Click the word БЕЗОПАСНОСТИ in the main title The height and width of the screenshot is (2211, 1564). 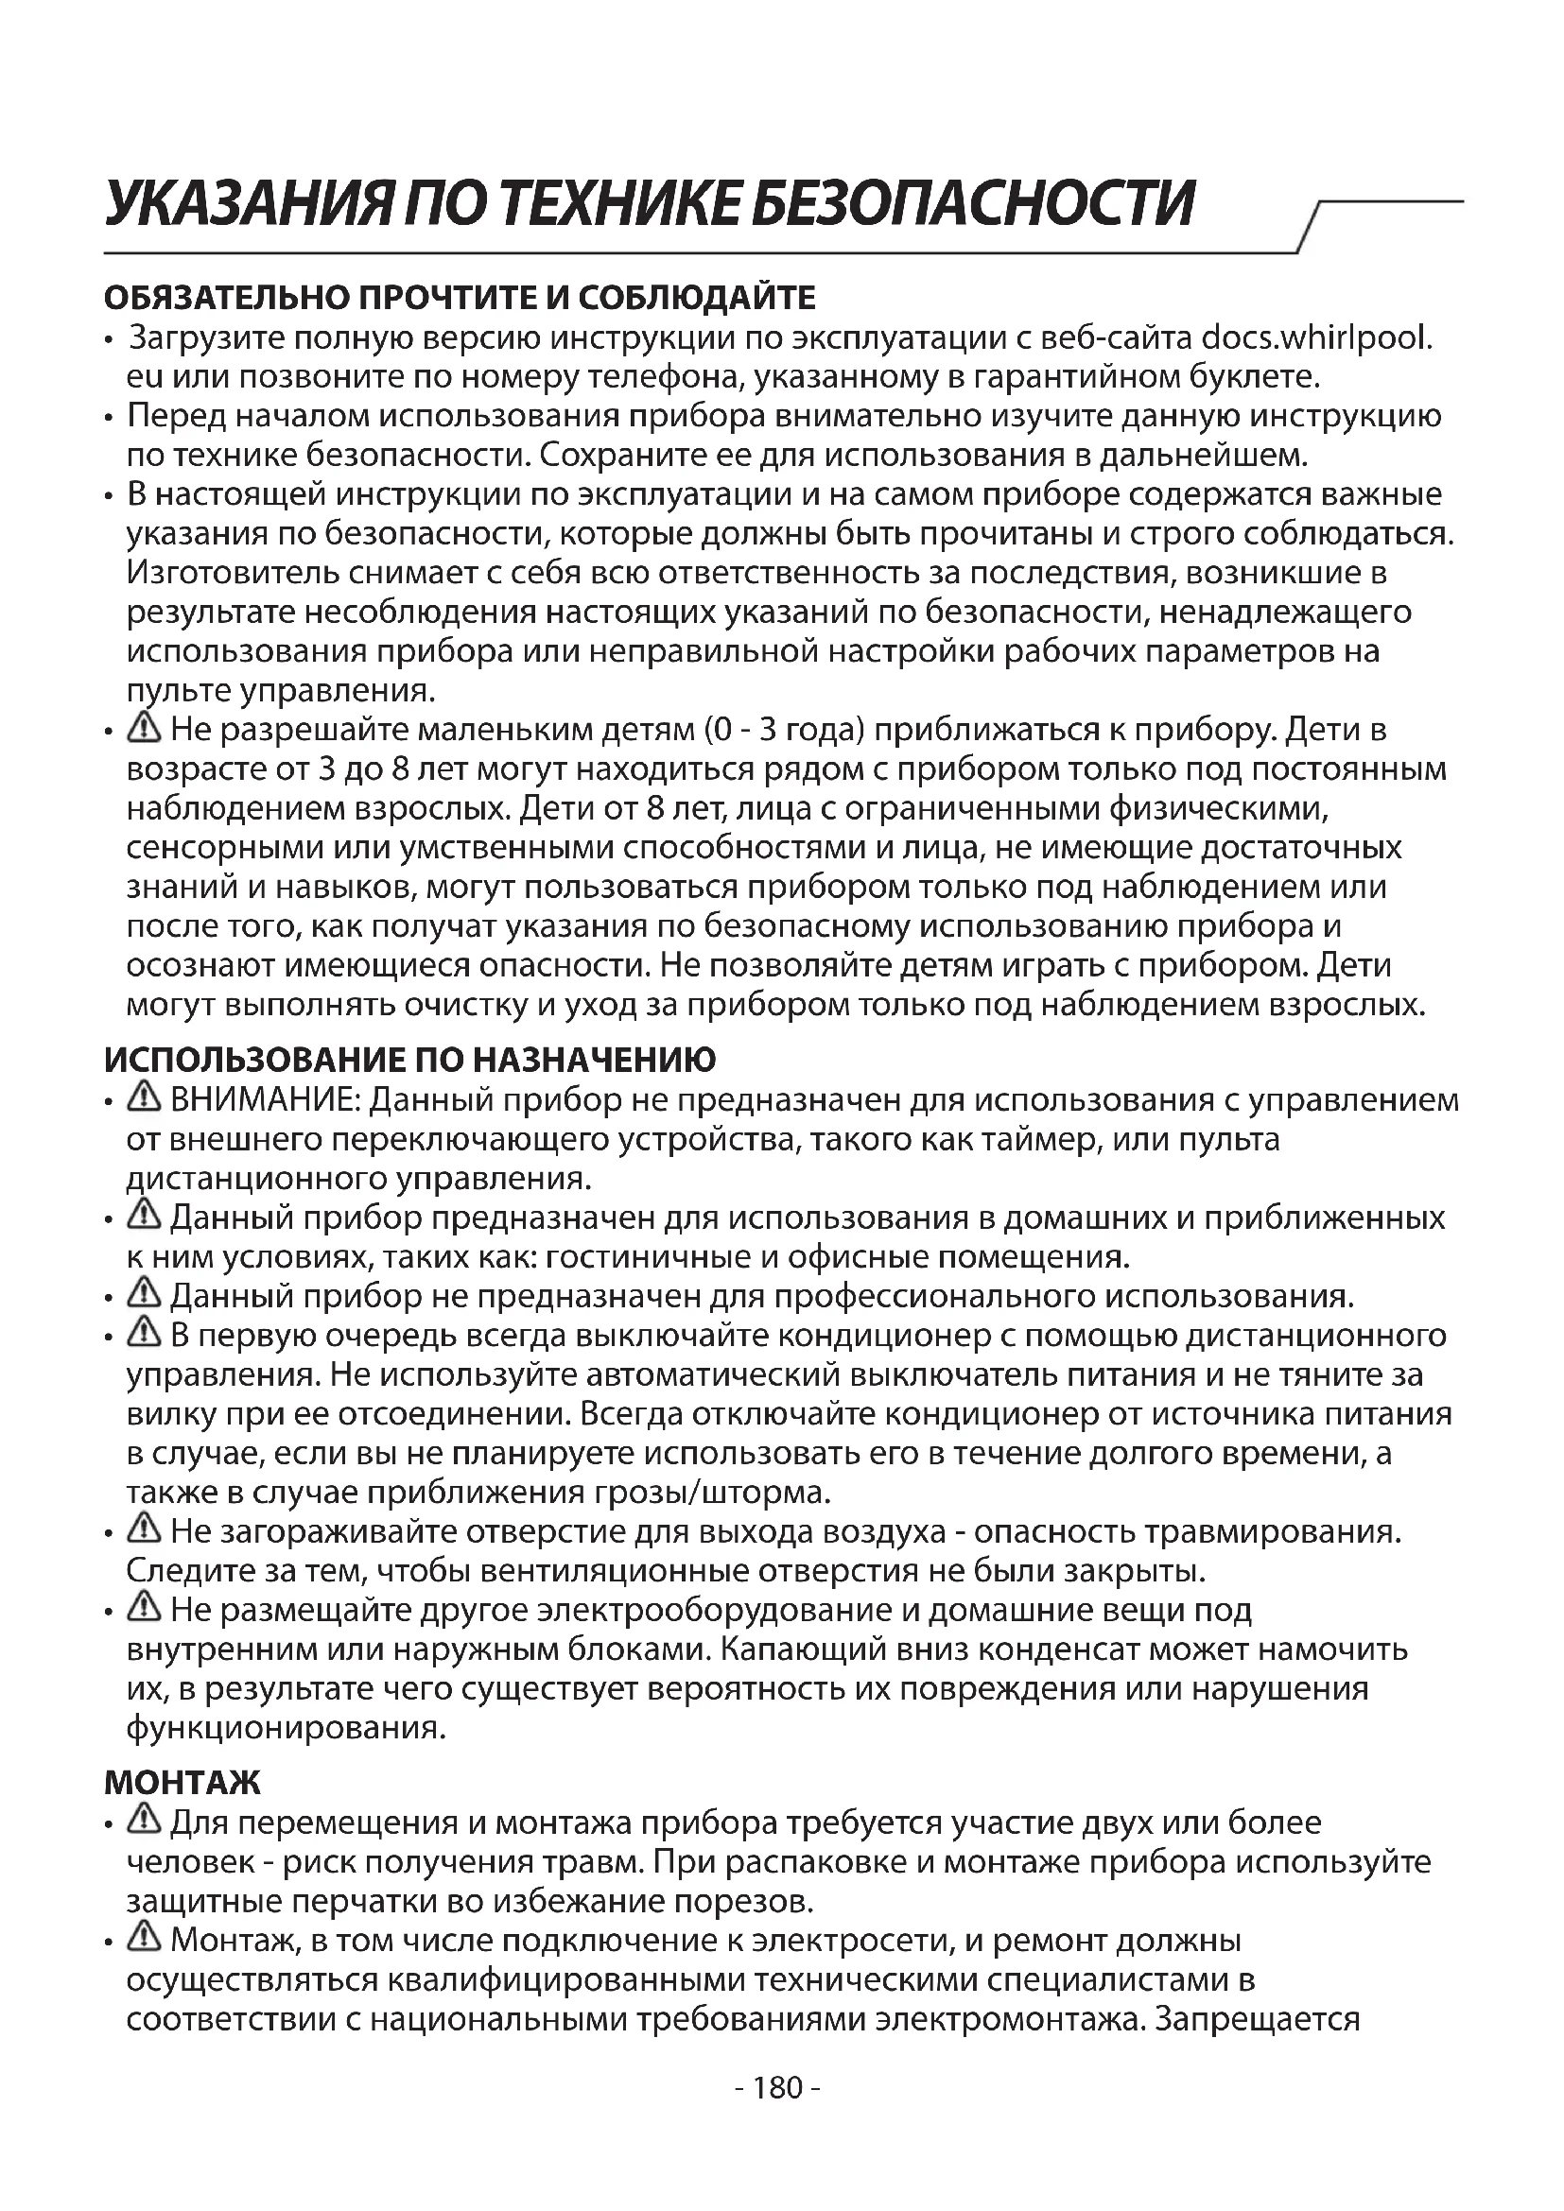click(973, 204)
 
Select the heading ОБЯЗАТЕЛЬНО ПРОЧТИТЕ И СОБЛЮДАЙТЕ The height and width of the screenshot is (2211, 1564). click(460, 299)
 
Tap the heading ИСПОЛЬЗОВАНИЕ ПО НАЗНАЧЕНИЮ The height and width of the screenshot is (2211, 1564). click(410, 1061)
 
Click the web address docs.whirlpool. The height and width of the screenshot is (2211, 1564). click(1317, 339)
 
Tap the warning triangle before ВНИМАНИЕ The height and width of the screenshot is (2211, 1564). click(145, 1097)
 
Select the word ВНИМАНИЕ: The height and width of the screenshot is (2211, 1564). click(266, 1099)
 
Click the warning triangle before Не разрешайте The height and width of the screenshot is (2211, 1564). click(145, 728)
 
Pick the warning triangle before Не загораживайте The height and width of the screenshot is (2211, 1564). click(145, 1529)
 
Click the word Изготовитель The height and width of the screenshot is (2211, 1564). click(232, 573)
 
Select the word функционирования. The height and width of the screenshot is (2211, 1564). click(286, 1729)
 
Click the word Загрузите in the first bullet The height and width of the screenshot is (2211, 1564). click(205, 339)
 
